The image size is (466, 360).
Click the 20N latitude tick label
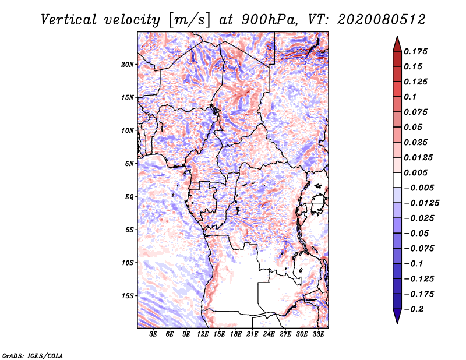point(128,64)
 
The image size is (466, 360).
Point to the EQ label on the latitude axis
point(129,197)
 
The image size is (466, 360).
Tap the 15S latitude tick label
point(128,296)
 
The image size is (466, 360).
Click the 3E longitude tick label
point(154,334)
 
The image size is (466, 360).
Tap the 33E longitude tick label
point(319,334)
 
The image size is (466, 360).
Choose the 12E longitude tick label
point(203,334)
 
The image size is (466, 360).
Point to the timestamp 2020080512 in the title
point(372,19)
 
